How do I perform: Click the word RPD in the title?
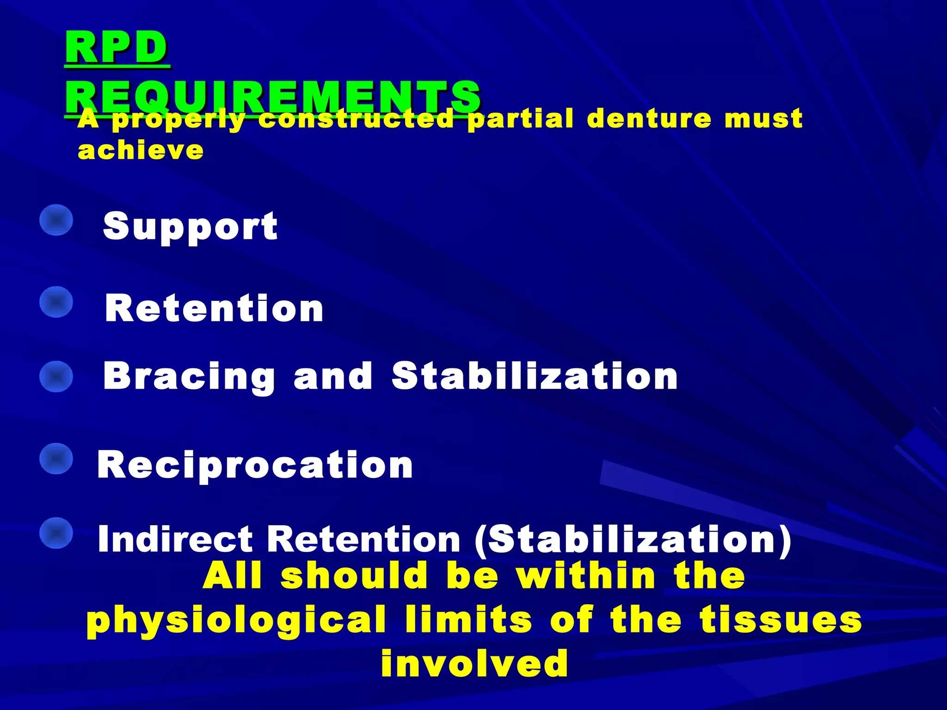coord(117,48)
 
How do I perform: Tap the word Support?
coord(190,226)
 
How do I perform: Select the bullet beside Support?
coord(56,220)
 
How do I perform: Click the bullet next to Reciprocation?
coord(56,459)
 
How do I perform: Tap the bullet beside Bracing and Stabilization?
coord(56,376)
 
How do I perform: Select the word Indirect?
coord(175,539)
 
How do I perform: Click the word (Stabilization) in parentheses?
coord(633,540)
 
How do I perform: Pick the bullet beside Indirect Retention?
coord(56,532)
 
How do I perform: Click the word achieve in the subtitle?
coord(141,150)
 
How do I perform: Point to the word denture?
coord(649,119)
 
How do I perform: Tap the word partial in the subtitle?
coord(521,120)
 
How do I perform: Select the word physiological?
coord(236,620)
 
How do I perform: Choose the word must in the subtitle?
coord(763,119)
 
